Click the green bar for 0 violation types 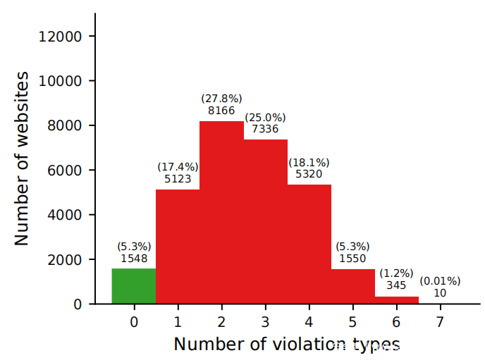pyautogui.click(x=134, y=286)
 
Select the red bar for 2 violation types pyautogui.click(x=221, y=212)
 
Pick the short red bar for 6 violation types pyautogui.click(x=397, y=300)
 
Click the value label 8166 pyautogui.click(x=221, y=111)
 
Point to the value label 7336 pyautogui.click(x=265, y=129)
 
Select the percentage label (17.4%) pyautogui.click(x=178, y=167)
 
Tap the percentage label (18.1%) pyautogui.click(x=309, y=163)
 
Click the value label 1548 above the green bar pyautogui.click(x=134, y=259)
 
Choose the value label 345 pyautogui.click(x=396, y=285)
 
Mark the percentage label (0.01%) pyautogui.click(x=440, y=280)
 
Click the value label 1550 pyautogui.click(x=352, y=259)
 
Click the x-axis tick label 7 pyautogui.click(x=440, y=322)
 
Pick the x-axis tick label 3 pyautogui.click(x=265, y=322)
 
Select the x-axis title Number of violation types pyautogui.click(x=287, y=345)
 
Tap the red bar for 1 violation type pyautogui.click(x=178, y=247)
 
